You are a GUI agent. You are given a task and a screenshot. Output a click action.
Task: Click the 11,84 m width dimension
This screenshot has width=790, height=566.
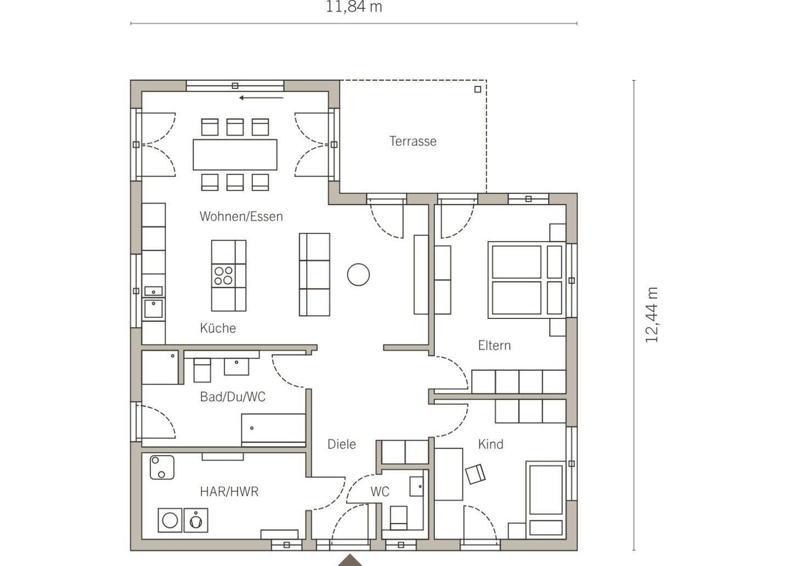click(x=354, y=7)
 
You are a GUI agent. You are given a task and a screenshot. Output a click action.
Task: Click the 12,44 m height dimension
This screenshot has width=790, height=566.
click(x=651, y=315)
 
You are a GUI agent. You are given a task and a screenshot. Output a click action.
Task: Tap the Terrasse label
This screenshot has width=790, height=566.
click(x=413, y=141)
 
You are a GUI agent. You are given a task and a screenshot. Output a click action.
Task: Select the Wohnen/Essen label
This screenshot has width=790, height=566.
click(x=241, y=216)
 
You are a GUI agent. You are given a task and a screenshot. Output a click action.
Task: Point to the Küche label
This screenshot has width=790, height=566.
click(x=218, y=328)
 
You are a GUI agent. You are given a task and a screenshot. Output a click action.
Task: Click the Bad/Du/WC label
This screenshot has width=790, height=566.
click(x=233, y=397)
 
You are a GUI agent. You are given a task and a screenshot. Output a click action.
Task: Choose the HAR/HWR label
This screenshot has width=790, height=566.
click(x=229, y=491)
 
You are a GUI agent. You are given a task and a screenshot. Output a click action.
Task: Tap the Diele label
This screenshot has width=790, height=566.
click(x=341, y=444)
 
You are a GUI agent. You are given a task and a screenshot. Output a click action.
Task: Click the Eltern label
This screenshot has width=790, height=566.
click(x=494, y=345)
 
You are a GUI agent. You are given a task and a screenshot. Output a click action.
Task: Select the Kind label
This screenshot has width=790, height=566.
click(x=490, y=444)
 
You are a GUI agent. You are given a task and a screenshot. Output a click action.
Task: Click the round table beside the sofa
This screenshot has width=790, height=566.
click(x=358, y=274)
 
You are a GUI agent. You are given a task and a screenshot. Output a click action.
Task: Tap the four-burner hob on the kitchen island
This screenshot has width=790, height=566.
click(x=224, y=276)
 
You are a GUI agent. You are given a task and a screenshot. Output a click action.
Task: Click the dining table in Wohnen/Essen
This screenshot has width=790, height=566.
click(x=235, y=155)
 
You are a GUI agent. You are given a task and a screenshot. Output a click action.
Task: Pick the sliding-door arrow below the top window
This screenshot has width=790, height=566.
click(x=261, y=98)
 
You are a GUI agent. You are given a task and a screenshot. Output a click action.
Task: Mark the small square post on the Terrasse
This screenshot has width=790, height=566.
click(x=478, y=89)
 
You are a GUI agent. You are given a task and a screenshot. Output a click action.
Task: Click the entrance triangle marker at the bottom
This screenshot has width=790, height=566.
click(x=350, y=561)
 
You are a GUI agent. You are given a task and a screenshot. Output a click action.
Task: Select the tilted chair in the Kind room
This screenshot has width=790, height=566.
click(x=476, y=474)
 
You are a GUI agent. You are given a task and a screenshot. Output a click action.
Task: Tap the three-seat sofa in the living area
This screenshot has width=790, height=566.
click(x=314, y=274)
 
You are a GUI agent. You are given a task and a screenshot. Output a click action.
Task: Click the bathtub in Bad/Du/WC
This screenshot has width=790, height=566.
click(x=273, y=430)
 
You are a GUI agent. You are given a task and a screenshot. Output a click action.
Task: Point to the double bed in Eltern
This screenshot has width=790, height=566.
click(x=527, y=280)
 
